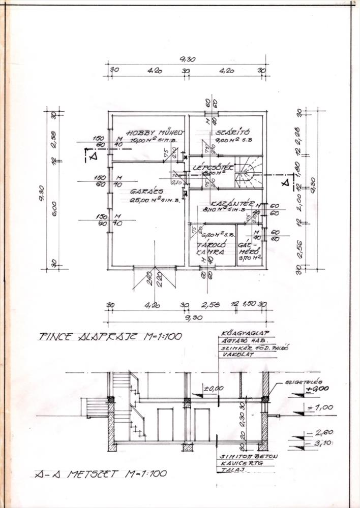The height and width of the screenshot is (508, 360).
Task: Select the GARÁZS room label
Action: point(131,192)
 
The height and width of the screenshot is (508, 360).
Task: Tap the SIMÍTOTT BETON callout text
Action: point(248,456)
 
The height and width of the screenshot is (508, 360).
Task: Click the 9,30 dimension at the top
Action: point(187,59)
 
